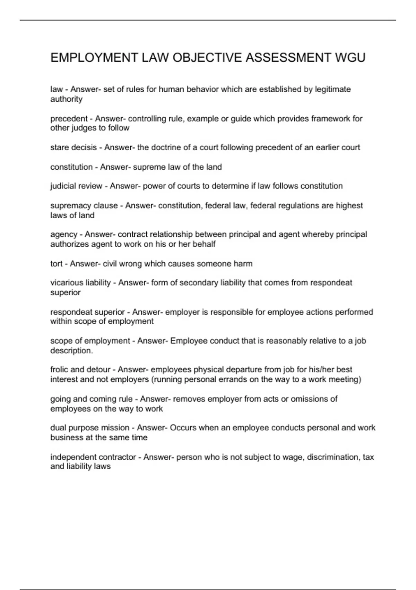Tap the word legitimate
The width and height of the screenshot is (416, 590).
333,89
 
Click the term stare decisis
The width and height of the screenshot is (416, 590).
73,147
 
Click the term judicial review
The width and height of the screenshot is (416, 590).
76,186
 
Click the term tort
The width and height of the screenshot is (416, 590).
56,264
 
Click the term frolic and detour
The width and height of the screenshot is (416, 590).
80,369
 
